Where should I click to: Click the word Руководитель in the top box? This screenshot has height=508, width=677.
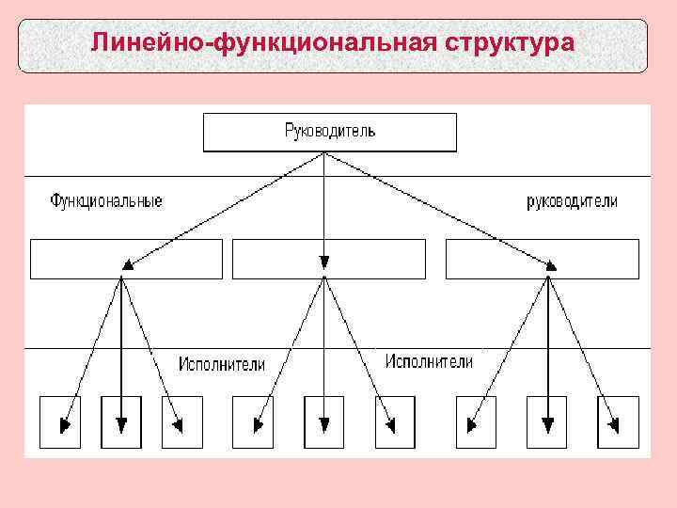[x=330, y=132]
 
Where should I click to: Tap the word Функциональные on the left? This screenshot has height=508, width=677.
[x=106, y=201]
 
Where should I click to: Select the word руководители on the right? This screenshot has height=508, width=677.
[x=572, y=201]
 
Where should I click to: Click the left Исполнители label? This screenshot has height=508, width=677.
[x=222, y=364]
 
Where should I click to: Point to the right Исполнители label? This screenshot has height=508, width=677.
[x=429, y=362]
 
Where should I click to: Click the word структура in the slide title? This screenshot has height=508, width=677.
[x=509, y=43]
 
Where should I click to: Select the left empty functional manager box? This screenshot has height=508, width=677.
[x=127, y=259]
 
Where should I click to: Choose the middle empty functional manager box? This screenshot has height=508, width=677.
[x=328, y=259]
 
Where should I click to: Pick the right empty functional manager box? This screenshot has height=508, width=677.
[x=542, y=259]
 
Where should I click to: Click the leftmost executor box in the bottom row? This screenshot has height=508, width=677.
[x=60, y=421]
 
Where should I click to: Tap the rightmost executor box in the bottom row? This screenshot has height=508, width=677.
[x=618, y=421]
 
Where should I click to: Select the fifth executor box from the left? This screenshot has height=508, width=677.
[x=323, y=421]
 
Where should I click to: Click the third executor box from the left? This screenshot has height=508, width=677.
[x=181, y=421]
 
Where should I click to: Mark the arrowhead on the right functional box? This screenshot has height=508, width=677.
[x=551, y=265]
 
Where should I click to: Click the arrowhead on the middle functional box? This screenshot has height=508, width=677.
[x=323, y=263]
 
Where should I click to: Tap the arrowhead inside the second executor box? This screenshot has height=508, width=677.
[x=120, y=425]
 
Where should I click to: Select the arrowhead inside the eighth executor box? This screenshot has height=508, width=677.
[x=546, y=425]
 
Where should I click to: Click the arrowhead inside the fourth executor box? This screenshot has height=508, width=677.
[x=256, y=425]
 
